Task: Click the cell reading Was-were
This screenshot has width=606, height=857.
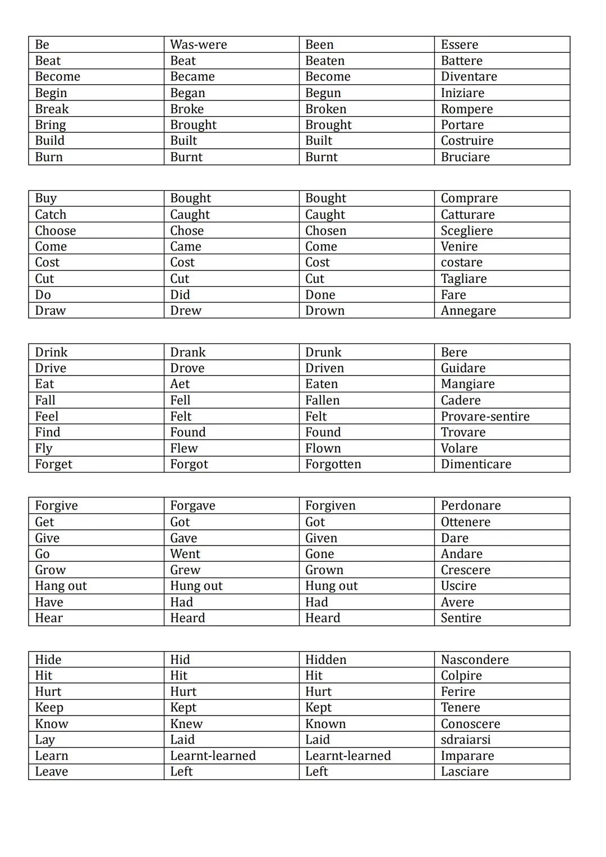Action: click(199, 45)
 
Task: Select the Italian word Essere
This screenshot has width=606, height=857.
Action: click(460, 45)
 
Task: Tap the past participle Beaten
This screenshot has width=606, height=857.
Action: click(325, 61)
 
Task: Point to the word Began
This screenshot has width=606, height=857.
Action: click(187, 93)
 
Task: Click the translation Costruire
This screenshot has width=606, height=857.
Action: click(467, 141)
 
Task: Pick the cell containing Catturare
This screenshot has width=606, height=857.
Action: click(467, 214)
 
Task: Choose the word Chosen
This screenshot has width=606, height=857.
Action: click(325, 231)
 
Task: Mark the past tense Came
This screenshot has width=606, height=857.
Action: click(186, 246)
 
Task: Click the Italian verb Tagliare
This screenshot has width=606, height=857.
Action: click(463, 279)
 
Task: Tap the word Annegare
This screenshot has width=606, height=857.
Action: click(468, 311)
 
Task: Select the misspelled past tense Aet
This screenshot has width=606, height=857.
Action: click(180, 384)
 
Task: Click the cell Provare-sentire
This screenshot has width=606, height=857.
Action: click(485, 416)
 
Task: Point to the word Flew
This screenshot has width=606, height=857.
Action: click(184, 448)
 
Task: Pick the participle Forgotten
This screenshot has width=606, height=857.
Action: click(333, 464)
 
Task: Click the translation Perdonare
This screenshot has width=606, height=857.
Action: click(470, 506)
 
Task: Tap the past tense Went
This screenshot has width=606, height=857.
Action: click(185, 554)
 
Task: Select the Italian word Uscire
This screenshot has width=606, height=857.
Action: click(458, 586)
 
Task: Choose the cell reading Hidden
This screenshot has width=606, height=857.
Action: click(325, 659)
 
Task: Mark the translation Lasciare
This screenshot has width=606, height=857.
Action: click(465, 772)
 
